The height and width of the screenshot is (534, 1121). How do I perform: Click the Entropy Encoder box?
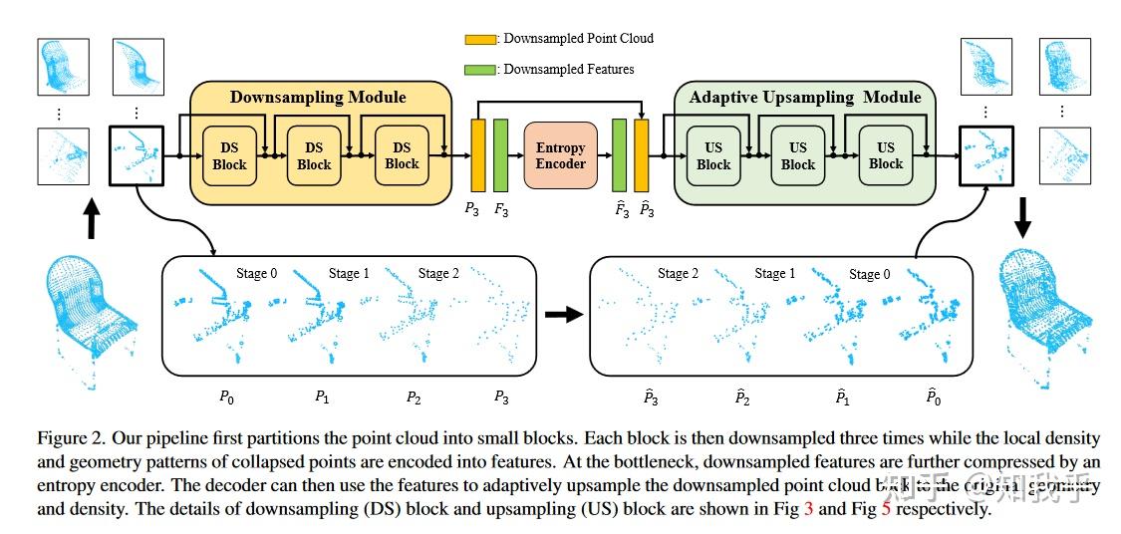click(x=560, y=155)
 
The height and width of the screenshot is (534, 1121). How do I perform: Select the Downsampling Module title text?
click(x=318, y=97)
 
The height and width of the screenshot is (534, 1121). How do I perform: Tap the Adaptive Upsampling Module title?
click(x=804, y=97)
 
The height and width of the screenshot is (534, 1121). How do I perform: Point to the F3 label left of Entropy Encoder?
click(x=501, y=208)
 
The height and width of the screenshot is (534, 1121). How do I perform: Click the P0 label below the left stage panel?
click(x=227, y=397)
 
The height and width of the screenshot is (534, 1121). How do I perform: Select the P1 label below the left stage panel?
click(x=322, y=397)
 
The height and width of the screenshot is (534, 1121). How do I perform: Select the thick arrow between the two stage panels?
click(x=564, y=315)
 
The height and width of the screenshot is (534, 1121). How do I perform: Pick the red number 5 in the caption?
click(x=886, y=509)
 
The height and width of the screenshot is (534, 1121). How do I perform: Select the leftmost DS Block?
click(x=230, y=155)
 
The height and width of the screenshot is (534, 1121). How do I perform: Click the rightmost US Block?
click(x=885, y=155)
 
